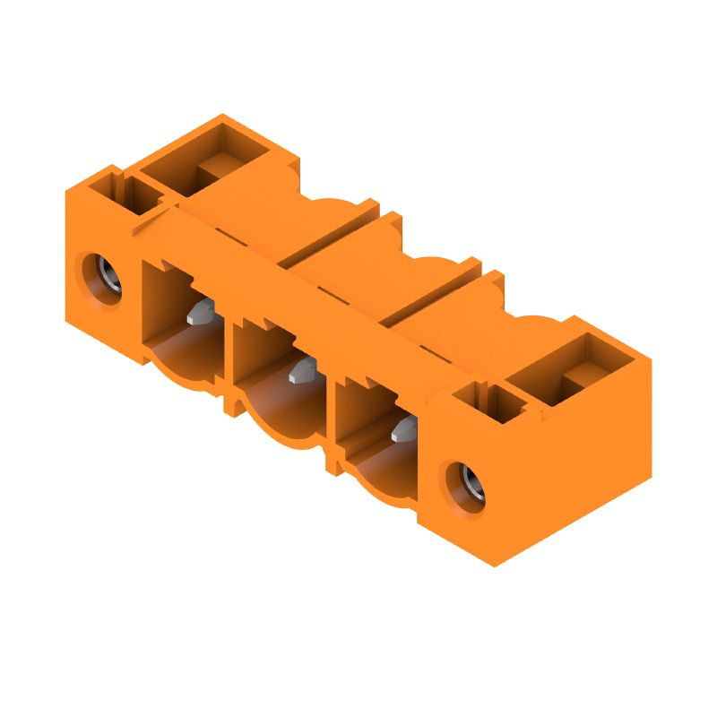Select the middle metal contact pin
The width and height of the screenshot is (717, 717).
[x=302, y=371]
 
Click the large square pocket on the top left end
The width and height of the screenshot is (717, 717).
[x=212, y=159]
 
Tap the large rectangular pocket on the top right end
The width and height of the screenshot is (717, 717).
[x=583, y=371]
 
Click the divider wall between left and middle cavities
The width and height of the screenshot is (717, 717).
[x=229, y=367]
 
